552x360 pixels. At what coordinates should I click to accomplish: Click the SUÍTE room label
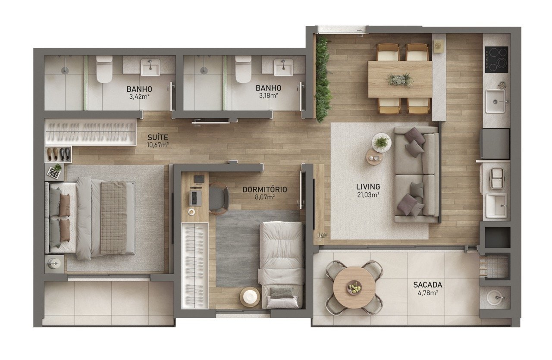(x=158, y=137)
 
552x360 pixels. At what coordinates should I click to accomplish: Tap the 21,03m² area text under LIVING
(x=368, y=195)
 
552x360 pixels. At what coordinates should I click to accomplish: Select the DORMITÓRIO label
(x=265, y=190)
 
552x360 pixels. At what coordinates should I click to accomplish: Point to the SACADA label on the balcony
(x=427, y=285)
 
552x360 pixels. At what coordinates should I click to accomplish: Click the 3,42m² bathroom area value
(x=139, y=96)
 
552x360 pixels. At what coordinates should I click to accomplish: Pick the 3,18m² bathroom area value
(x=268, y=95)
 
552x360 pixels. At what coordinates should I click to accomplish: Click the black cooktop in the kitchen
(x=496, y=59)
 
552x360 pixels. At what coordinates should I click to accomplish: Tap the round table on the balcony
(x=354, y=287)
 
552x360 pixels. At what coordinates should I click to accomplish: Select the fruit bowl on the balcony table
(x=354, y=287)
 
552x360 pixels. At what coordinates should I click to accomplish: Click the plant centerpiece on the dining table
(x=400, y=80)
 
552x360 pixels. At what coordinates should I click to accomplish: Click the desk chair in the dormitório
(x=218, y=198)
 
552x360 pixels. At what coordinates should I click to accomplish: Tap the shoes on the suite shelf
(x=58, y=154)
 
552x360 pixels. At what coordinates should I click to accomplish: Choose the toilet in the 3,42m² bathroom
(x=104, y=69)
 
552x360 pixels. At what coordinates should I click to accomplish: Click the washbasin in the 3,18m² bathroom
(x=284, y=67)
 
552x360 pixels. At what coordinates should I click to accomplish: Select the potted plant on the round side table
(x=381, y=142)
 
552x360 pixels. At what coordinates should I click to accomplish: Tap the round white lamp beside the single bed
(x=250, y=297)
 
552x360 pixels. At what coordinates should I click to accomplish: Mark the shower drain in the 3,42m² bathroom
(x=65, y=70)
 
